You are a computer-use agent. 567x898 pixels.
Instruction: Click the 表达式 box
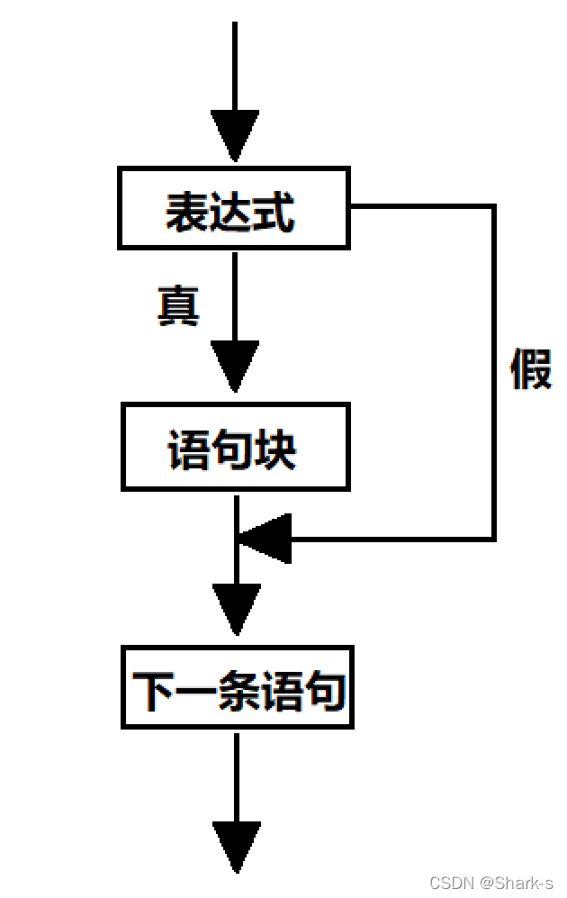(233, 208)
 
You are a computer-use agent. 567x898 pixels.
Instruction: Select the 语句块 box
(234, 447)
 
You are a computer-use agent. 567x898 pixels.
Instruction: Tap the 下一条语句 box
(238, 686)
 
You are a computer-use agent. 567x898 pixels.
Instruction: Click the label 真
(177, 306)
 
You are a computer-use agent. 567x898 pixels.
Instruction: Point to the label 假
(530, 368)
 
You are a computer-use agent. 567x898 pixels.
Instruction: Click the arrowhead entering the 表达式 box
(234, 136)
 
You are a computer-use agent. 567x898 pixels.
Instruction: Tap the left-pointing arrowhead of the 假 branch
(265, 539)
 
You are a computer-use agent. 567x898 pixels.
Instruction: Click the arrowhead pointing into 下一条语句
(237, 609)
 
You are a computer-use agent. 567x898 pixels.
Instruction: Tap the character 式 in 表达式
(274, 213)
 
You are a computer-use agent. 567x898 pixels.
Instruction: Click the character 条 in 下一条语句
(238, 691)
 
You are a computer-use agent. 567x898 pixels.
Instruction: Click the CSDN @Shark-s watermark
(491, 882)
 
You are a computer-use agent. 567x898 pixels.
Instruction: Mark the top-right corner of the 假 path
(493, 207)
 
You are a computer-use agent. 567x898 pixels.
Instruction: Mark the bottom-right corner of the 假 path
(493, 539)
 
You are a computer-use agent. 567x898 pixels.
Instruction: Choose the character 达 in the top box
(230, 213)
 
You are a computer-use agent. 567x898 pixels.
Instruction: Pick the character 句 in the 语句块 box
(231, 449)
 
